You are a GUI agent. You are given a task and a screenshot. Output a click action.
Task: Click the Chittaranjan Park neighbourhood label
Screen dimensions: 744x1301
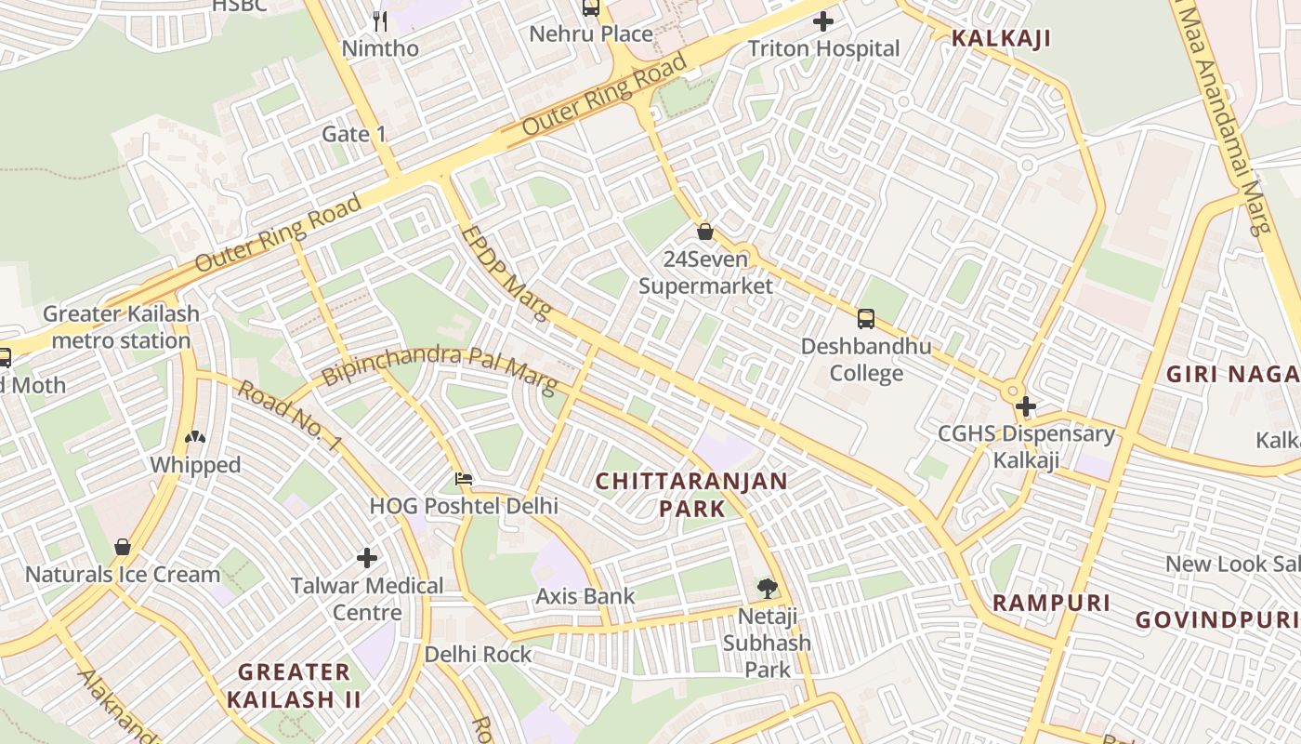[x=691, y=495]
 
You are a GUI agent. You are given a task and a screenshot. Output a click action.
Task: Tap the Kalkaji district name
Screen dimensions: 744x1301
[x=1001, y=38]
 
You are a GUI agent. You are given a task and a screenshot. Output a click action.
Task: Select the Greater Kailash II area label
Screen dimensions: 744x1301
[x=293, y=685]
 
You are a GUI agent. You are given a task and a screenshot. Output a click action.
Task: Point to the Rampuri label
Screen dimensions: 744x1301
[x=1051, y=603]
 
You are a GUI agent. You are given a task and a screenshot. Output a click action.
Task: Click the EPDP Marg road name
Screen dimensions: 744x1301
[x=506, y=272]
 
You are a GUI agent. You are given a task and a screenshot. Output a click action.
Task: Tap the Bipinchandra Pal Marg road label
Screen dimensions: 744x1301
[x=439, y=367]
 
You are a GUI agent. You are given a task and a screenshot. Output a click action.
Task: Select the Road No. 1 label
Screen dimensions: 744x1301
[x=287, y=416]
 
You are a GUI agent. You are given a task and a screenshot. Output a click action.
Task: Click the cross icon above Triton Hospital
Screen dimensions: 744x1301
[x=822, y=21]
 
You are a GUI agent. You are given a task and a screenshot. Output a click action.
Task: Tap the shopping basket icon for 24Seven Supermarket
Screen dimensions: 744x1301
[x=705, y=231]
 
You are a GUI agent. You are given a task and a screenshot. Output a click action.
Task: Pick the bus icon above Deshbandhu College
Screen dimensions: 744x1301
[x=866, y=319]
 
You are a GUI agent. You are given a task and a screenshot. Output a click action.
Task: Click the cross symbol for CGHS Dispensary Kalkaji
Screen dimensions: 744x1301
[x=1026, y=406]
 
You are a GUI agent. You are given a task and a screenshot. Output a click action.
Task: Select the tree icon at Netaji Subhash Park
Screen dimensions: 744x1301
[x=767, y=588]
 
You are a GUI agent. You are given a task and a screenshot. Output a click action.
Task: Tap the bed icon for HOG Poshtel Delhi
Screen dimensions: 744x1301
[x=464, y=480]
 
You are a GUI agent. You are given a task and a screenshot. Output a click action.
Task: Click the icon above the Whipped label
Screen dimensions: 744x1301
[x=195, y=437]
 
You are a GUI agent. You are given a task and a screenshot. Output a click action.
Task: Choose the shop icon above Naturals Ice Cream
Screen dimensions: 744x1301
[x=122, y=547]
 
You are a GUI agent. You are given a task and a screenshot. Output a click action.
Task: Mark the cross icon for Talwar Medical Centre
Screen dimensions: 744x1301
[x=367, y=558]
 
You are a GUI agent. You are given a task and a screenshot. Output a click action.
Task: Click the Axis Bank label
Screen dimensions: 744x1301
[x=585, y=596]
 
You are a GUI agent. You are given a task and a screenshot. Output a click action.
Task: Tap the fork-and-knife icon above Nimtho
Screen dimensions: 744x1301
[x=379, y=20]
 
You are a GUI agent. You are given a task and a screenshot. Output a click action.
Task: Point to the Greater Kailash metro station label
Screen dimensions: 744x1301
[x=121, y=326]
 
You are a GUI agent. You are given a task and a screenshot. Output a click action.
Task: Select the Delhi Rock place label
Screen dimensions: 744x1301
[x=478, y=655]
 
